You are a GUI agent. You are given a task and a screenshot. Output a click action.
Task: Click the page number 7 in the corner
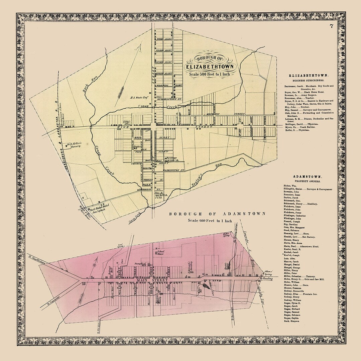(331, 27)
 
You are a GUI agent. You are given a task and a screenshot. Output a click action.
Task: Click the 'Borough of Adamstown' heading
(217, 214)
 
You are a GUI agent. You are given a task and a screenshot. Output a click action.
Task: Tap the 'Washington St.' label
(174, 170)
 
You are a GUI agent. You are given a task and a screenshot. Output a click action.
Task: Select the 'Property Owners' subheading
(306, 181)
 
